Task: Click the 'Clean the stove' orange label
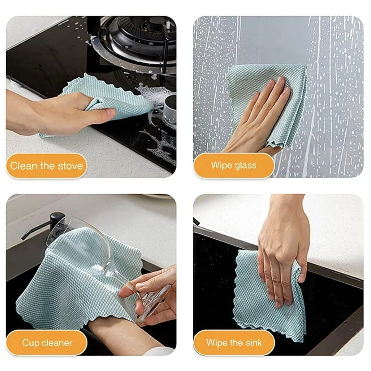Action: pos(46,166)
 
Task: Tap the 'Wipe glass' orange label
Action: pos(234,165)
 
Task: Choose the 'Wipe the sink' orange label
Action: pos(234,343)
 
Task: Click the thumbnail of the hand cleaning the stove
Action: pos(91,97)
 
